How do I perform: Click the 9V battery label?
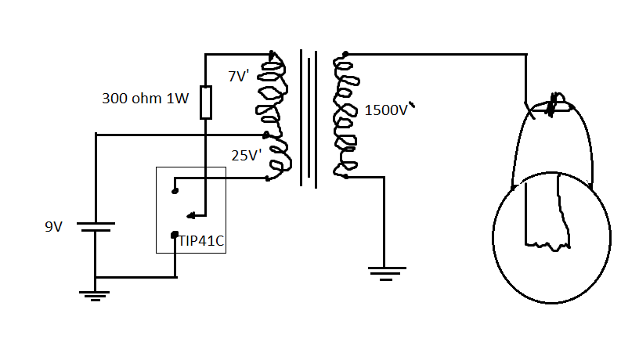(53, 227)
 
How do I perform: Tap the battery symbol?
(95, 227)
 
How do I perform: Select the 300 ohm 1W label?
(145, 99)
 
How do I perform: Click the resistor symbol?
(205, 103)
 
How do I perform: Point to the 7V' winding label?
(239, 77)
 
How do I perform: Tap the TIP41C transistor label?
(201, 242)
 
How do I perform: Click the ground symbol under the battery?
(95, 295)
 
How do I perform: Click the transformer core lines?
(309, 117)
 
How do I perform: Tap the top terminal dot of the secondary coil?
(345, 54)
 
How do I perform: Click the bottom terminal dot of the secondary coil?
(345, 177)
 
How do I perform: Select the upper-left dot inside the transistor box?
(174, 189)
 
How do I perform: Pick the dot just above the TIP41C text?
(175, 232)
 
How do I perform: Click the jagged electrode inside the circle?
(559, 215)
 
